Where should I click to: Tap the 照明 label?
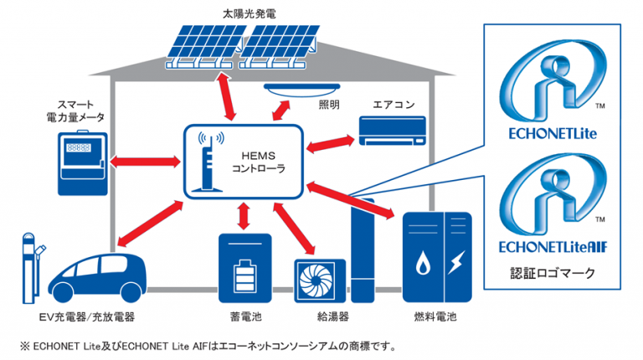329,106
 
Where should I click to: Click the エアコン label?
393,105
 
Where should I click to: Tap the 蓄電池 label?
244,317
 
